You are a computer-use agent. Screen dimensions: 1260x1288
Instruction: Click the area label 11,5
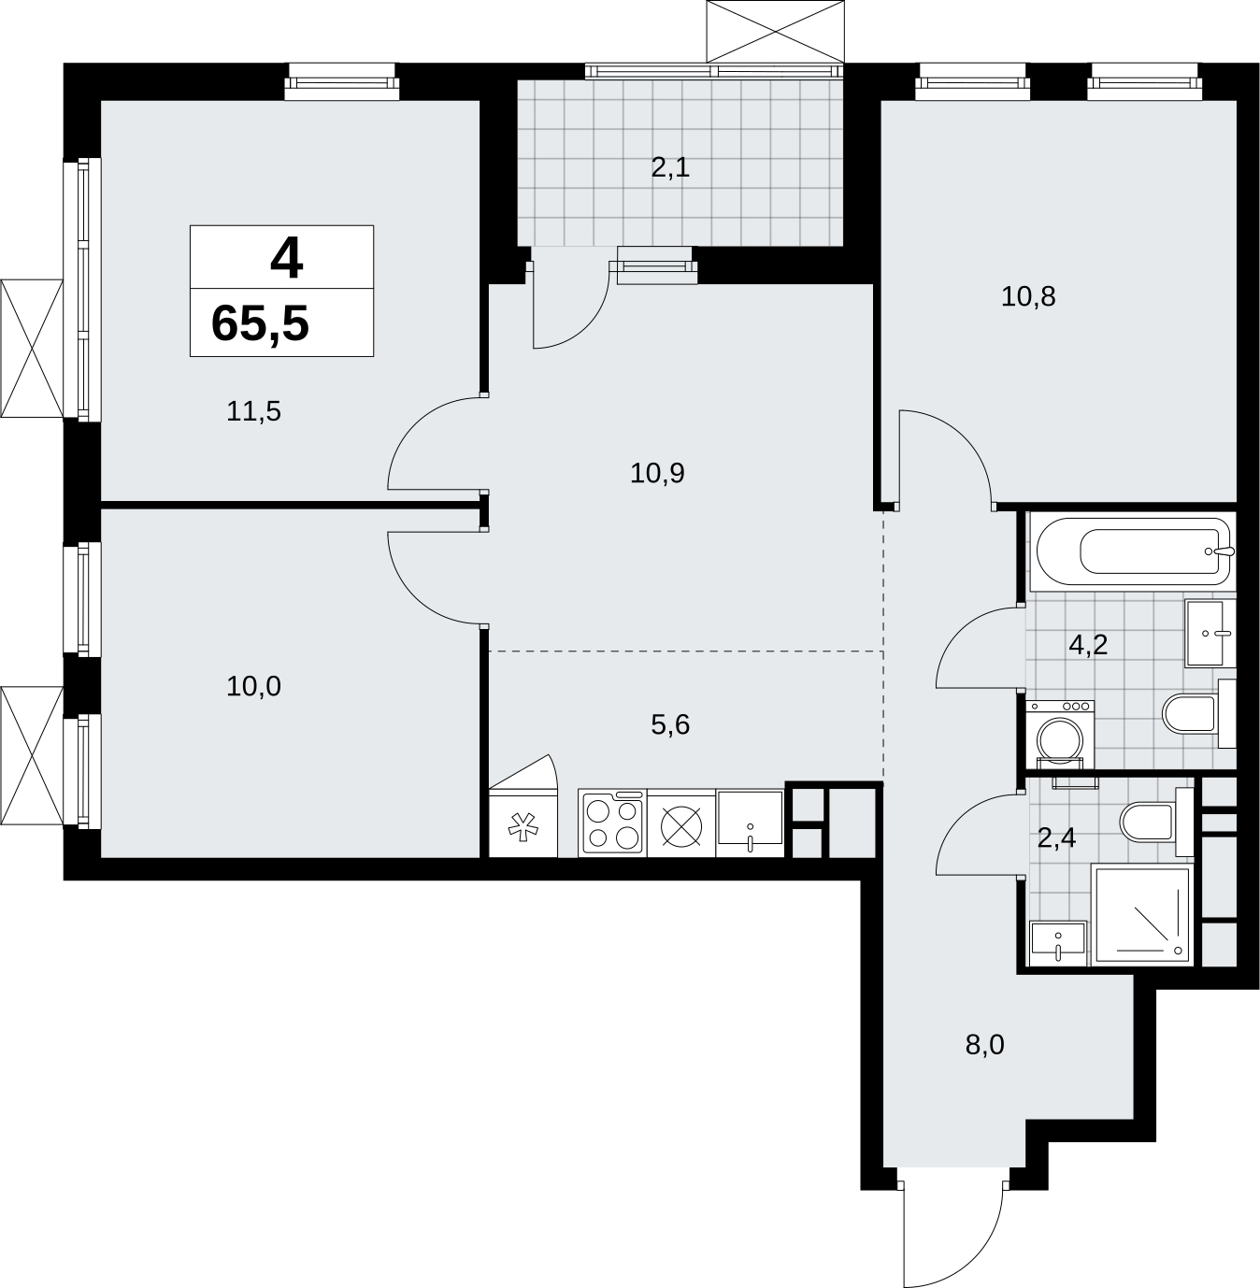[x=253, y=411]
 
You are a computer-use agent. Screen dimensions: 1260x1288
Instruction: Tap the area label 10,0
[x=253, y=686]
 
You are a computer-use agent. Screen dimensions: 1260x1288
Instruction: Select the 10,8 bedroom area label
[x=1027, y=296]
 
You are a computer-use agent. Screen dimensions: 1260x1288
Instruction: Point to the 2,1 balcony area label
[x=670, y=167]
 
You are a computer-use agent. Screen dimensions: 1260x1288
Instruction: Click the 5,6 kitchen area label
[x=670, y=724]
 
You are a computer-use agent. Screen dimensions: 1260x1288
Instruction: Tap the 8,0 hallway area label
[x=984, y=1064]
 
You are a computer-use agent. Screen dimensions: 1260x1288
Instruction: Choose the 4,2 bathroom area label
[x=1088, y=644]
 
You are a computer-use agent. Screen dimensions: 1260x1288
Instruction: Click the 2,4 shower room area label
[x=1056, y=838]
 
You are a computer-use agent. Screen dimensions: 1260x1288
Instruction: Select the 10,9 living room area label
[x=657, y=473]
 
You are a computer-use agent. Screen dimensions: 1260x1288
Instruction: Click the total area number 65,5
[x=260, y=324]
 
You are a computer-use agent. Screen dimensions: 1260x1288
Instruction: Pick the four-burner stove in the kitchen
[x=612, y=823]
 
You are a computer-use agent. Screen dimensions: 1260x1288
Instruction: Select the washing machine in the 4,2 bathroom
[x=1059, y=735]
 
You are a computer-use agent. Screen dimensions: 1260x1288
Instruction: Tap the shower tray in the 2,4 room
[x=1141, y=915]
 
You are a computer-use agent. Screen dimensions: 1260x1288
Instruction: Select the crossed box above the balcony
[x=776, y=32]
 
